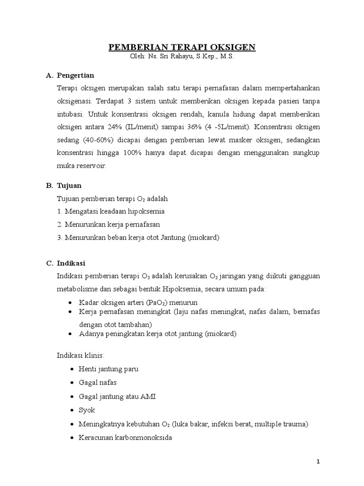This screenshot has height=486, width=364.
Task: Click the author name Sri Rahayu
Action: pyautogui.click(x=179, y=56)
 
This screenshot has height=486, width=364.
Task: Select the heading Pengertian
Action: pyautogui.click(x=75, y=75)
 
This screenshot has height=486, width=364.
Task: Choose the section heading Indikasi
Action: pyautogui.click(x=71, y=263)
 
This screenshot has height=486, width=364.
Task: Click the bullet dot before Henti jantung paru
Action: pyautogui.click(x=72, y=369)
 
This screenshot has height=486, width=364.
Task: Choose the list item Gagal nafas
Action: pyautogui.click(x=97, y=382)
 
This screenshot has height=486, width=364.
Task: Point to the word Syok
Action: pyautogui.click(x=87, y=410)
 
